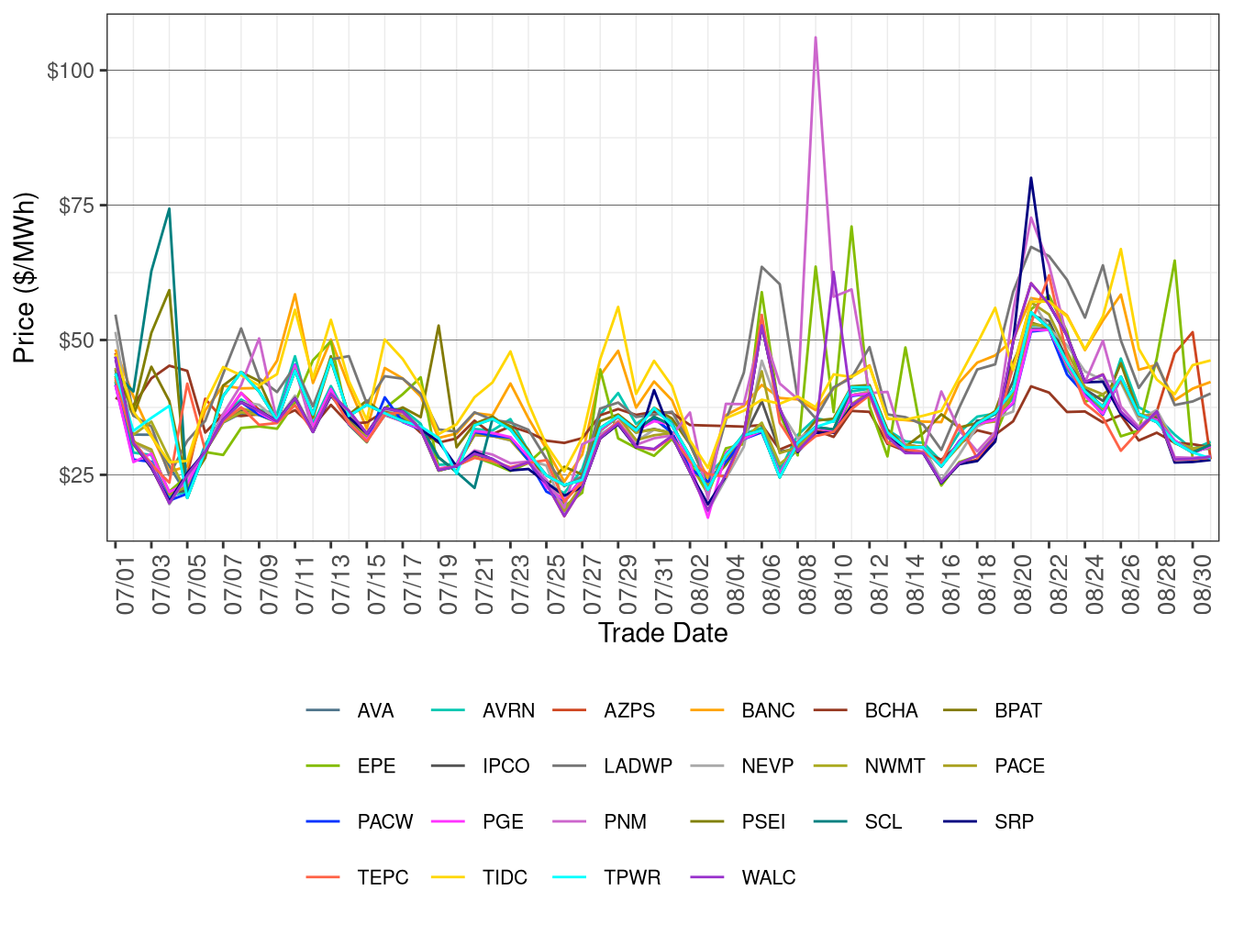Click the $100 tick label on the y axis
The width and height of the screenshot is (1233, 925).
tap(70, 71)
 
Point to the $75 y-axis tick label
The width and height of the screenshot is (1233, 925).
tap(75, 206)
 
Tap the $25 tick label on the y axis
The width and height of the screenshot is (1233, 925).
tap(75, 475)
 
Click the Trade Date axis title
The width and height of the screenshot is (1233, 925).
tap(662, 633)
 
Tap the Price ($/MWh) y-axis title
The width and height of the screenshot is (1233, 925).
tap(25, 277)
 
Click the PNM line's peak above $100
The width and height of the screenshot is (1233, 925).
tap(816, 38)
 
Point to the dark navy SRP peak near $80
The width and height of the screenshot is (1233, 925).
tap(1031, 178)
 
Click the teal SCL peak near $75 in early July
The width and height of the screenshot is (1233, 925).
tap(169, 208)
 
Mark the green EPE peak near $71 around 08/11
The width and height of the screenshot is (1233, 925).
tap(851, 227)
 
